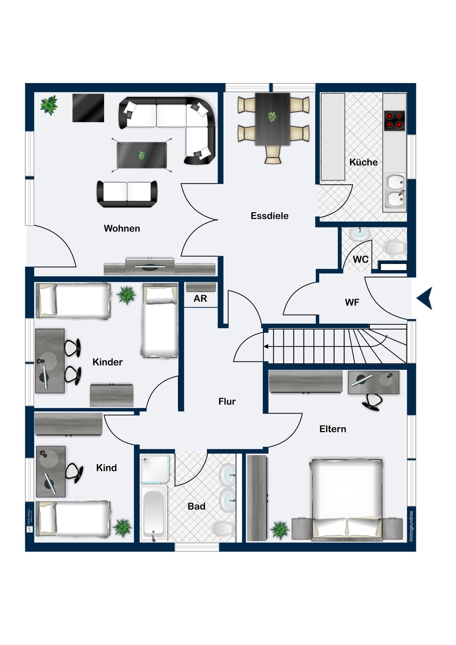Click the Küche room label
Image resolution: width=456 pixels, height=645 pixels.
click(363, 163)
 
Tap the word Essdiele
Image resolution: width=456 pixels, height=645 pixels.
click(269, 216)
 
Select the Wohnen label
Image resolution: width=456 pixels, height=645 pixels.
click(122, 228)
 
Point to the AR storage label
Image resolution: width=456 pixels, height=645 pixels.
click(200, 298)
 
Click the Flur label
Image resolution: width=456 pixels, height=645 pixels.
click(227, 402)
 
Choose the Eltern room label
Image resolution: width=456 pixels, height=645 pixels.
click(333, 429)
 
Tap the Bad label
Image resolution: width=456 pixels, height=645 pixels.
click(196, 507)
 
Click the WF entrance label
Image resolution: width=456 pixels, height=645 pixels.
click(352, 303)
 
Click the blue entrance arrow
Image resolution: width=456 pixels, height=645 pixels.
click(425, 298)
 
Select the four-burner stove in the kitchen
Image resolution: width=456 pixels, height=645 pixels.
click(394, 121)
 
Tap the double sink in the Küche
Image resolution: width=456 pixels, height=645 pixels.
click(395, 192)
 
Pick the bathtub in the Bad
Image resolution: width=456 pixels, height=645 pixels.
click(154, 513)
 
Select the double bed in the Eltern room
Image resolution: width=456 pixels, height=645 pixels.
click(346, 499)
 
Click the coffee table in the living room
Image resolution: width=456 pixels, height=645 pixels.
click(142, 155)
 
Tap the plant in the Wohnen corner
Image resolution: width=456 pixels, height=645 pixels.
click(49, 104)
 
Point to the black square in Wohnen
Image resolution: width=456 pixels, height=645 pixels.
click(88, 108)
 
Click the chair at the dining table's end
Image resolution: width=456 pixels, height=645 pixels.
click(273, 154)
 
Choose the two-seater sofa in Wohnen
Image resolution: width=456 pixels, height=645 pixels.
click(127, 193)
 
